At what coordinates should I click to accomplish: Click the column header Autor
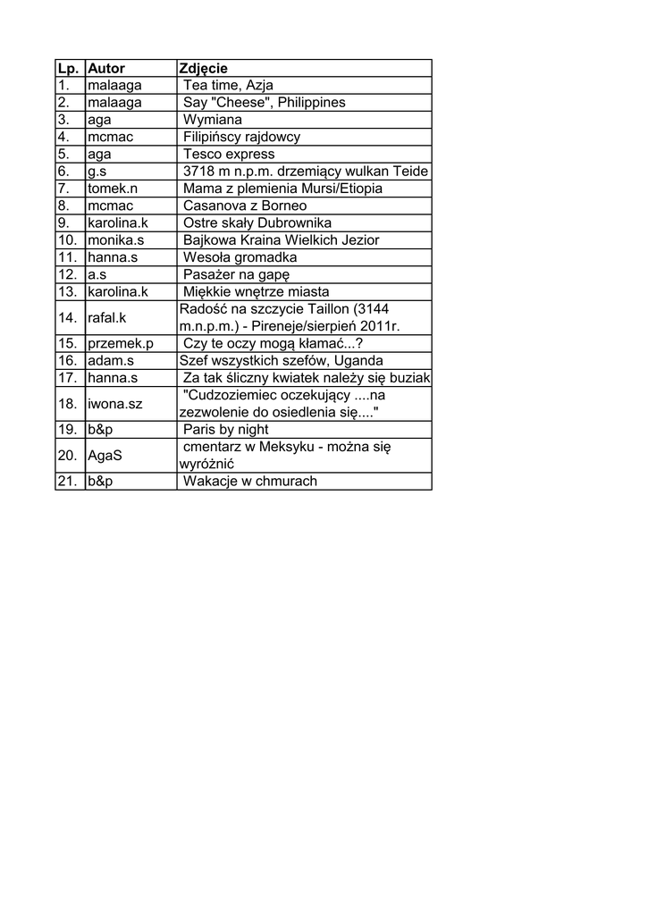click(106, 69)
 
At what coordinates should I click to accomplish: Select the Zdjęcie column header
click(204, 69)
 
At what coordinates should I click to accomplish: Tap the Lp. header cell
click(68, 69)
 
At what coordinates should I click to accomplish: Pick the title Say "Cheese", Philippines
click(264, 103)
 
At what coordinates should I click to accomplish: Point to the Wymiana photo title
click(213, 120)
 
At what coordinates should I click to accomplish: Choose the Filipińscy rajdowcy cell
click(241, 138)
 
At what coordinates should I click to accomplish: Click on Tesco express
click(229, 155)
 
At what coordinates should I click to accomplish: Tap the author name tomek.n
click(113, 189)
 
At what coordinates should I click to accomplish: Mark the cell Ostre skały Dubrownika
click(257, 223)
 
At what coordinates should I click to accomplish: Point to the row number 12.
click(67, 274)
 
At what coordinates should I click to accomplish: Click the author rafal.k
click(107, 317)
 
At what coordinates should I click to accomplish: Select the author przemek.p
click(121, 343)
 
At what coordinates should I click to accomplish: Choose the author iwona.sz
click(114, 404)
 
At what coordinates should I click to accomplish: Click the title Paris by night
click(225, 430)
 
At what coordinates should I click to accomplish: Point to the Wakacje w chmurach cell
click(250, 482)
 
